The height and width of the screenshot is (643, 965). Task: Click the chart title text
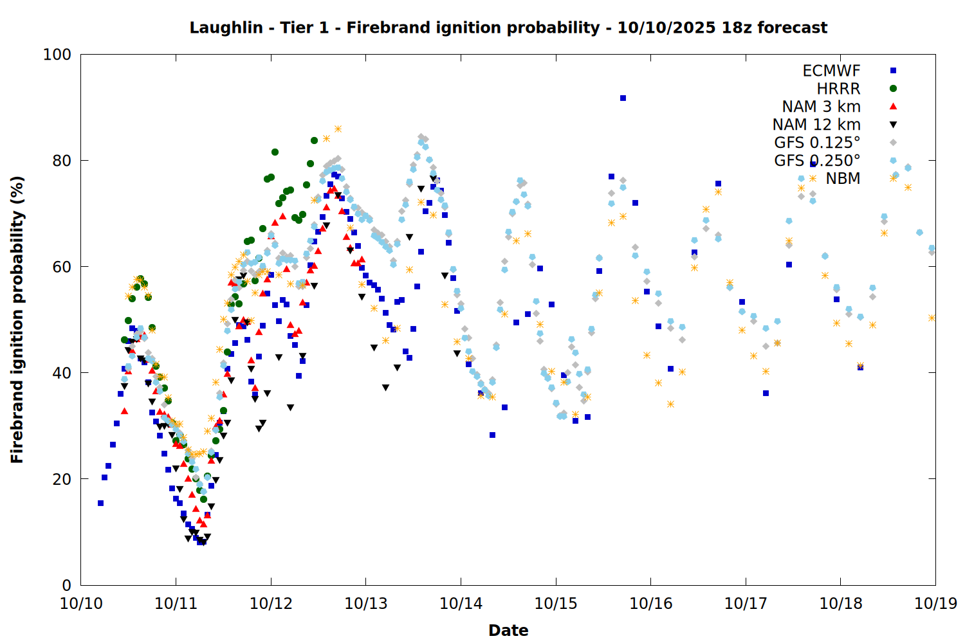click(x=508, y=28)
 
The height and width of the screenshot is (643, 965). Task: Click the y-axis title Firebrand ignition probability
click(x=17, y=320)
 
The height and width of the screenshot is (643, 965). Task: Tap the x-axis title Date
click(x=508, y=630)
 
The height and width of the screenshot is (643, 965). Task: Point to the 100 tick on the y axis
click(x=57, y=55)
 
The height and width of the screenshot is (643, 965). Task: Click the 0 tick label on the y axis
click(x=66, y=585)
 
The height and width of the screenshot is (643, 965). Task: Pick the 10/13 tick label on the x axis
click(x=366, y=604)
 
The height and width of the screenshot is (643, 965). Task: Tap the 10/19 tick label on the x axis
click(x=935, y=604)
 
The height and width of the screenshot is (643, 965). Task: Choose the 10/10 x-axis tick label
click(x=81, y=604)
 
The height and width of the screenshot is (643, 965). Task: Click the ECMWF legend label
click(x=831, y=71)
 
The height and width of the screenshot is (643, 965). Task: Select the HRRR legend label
click(x=838, y=89)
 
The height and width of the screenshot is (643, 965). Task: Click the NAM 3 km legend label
click(x=821, y=107)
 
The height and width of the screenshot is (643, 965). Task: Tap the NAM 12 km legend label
click(x=816, y=125)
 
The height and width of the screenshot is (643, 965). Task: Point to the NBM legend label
click(x=843, y=179)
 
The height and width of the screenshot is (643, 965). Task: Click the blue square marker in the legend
click(x=893, y=71)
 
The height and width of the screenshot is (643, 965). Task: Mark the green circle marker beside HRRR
click(x=893, y=89)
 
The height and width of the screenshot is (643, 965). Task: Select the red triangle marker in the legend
click(x=893, y=107)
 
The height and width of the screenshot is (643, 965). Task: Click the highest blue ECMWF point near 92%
click(x=623, y=98)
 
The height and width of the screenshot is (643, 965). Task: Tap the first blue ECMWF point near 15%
click(x=100, y=503)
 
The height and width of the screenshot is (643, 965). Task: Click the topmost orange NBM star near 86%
click(x=338, y=129)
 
